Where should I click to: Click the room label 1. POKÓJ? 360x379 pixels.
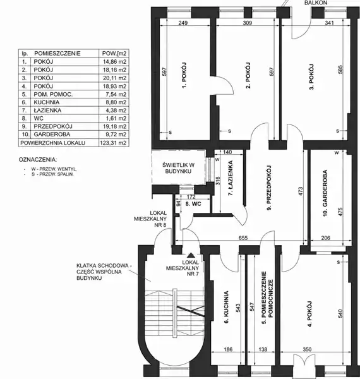tap(184, 75)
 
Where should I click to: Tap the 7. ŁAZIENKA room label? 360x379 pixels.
tap(231, 177)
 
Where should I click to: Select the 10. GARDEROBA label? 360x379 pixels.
tap(325, 193)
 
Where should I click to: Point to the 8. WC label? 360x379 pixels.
tap(193, 204)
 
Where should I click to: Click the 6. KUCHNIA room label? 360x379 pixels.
tap(226, 307)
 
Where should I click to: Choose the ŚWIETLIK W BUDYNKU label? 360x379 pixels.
tap(178, 168)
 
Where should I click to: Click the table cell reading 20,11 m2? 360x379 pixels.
tap(114, 78)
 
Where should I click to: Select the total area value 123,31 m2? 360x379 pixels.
tap(113, 143)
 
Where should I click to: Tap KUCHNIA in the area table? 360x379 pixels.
tap(47, 102)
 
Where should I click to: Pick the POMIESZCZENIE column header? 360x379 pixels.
tap(57, 54)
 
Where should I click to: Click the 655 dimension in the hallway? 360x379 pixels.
tap(243, 238)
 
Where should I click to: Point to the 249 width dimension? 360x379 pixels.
tap(183, 23)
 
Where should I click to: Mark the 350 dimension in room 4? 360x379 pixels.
tap(307, 349)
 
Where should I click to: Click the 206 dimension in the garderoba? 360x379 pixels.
tap(325, 238)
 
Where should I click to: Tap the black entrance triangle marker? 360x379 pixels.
tap(191, 255)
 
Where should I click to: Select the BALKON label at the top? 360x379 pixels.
tap(316, 3)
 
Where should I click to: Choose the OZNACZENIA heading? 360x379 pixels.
tap(38, 160)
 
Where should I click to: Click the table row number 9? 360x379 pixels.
tap(24, 126)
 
